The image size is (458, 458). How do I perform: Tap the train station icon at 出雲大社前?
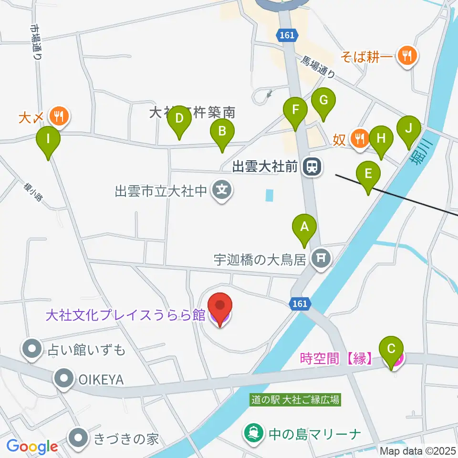coord(313,166)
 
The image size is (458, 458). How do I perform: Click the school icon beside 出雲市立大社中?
coord(222,191)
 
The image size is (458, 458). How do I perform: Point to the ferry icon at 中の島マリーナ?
coord(253,434)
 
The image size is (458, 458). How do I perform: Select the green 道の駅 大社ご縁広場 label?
coord(296,400)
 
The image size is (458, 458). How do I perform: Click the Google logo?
coord(32,447)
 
